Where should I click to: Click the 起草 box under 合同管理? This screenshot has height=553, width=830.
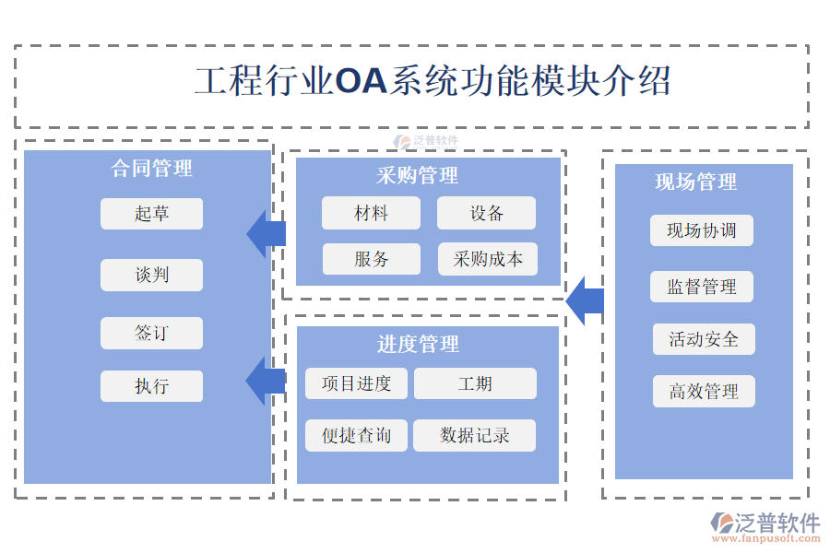151,214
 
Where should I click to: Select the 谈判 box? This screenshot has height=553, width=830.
151,275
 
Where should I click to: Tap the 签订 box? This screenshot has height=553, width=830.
151,333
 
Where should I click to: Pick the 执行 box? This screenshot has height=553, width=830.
151,386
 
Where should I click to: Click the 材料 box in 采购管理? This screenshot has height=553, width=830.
371,213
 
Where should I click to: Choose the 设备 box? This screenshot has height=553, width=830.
486,213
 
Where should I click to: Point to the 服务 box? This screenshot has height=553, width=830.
371,259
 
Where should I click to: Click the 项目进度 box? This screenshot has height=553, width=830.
356,383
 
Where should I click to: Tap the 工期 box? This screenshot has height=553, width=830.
475,383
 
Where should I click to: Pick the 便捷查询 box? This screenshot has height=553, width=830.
356,435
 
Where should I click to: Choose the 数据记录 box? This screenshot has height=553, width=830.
475,435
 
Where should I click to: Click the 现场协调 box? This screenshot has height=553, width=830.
701,230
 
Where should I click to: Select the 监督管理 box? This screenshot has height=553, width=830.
702,287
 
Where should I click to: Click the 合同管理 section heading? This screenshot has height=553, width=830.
152,168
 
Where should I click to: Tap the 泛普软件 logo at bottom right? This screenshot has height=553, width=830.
766,526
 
